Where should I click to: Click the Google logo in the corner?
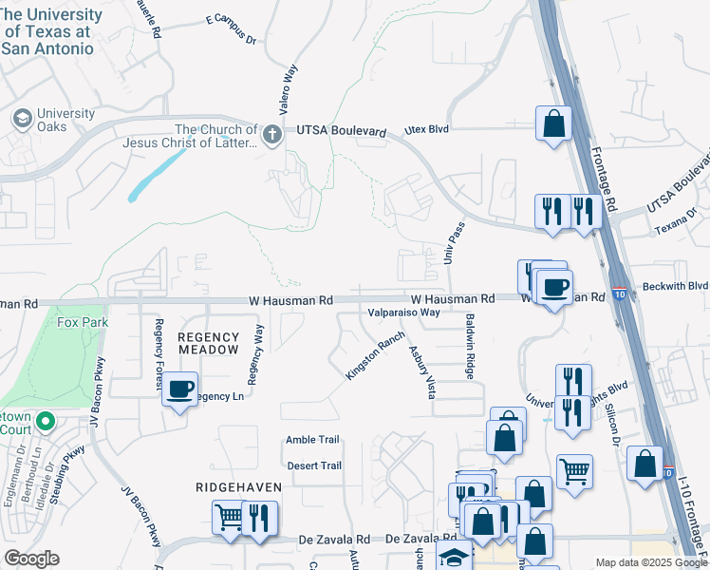[31, 559]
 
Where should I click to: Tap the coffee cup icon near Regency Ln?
[179, 389]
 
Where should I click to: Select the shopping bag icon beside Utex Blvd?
[553, 123]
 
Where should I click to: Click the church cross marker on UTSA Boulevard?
[272, 134]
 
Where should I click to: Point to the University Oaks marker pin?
[22, 119]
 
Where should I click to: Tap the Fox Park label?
[83, 323]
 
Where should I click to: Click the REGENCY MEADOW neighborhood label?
[209, 343]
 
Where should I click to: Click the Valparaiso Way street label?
[403, 312]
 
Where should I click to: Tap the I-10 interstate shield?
[618, 294]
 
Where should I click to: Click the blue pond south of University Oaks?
[153, 175]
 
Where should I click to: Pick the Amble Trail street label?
[312, 440]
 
